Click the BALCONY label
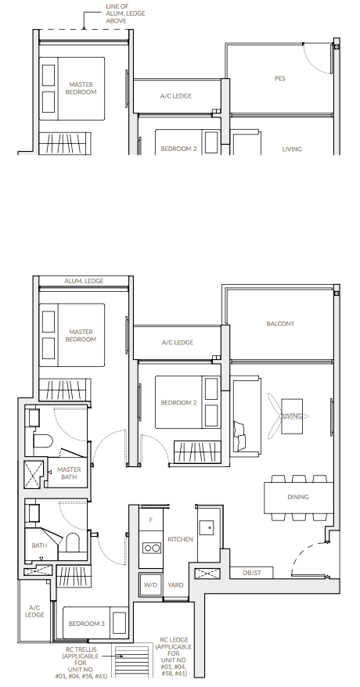point(280,324)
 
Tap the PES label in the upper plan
point(280,78)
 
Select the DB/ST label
point(252,573)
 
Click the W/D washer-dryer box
point(151,585)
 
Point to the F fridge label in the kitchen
point(151,520)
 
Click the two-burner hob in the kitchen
point(152,548)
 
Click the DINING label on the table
point(298,497)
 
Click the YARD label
point(175,585)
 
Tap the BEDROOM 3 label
point(87,624)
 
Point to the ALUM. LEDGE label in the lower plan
point(84,281)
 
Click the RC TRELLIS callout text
point(81,663)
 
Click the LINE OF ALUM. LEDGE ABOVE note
point(125,13)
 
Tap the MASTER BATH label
point(69,473)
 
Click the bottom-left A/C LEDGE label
point(34,611)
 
